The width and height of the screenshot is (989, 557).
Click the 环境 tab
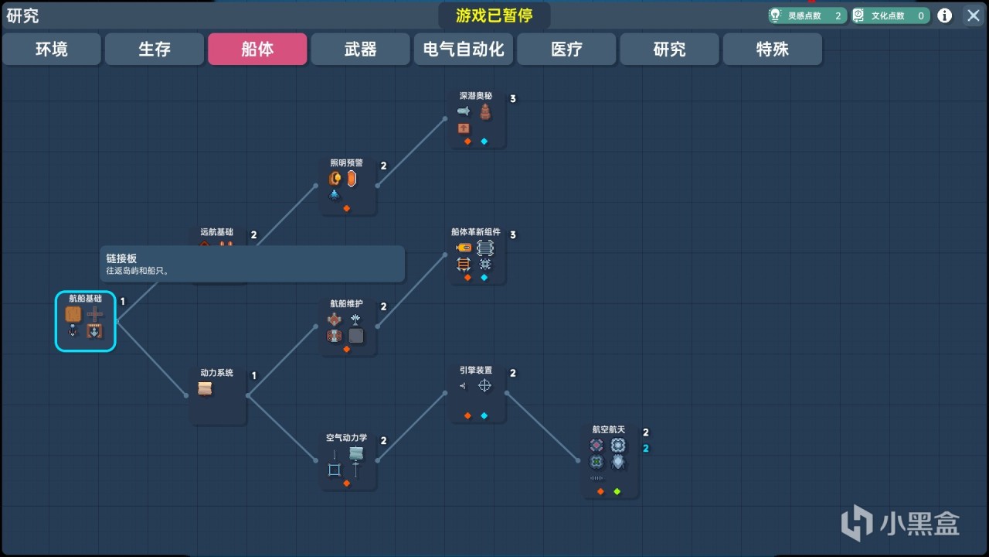point(52,50)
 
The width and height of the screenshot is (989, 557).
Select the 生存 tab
point(155,50)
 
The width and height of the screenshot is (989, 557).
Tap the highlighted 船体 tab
point(257,50)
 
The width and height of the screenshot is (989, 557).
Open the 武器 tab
point(360,50)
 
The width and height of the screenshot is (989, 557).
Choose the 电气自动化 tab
point(464,50)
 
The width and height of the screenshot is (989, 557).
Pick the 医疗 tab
point(566,50)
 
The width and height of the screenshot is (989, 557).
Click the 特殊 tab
point(772,50)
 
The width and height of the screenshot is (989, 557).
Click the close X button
point(972,15)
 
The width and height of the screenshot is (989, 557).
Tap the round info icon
point(945,15)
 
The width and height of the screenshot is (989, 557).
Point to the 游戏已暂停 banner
point(494,16)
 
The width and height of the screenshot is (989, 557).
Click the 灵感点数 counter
point(807,15)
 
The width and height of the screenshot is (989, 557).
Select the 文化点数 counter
point(890,15)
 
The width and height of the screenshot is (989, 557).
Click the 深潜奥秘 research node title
point(476,97)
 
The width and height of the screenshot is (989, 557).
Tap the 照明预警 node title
point(346,163)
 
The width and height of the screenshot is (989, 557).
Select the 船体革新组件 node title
point(476,232)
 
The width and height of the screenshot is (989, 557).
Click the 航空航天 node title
point(608,430)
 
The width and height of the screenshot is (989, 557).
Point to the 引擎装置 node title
point(476,371)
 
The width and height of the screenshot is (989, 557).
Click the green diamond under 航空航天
point(617,491)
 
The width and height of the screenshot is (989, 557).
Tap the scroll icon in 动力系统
point(205,389)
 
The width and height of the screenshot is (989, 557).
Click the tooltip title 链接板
point(121,258)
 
